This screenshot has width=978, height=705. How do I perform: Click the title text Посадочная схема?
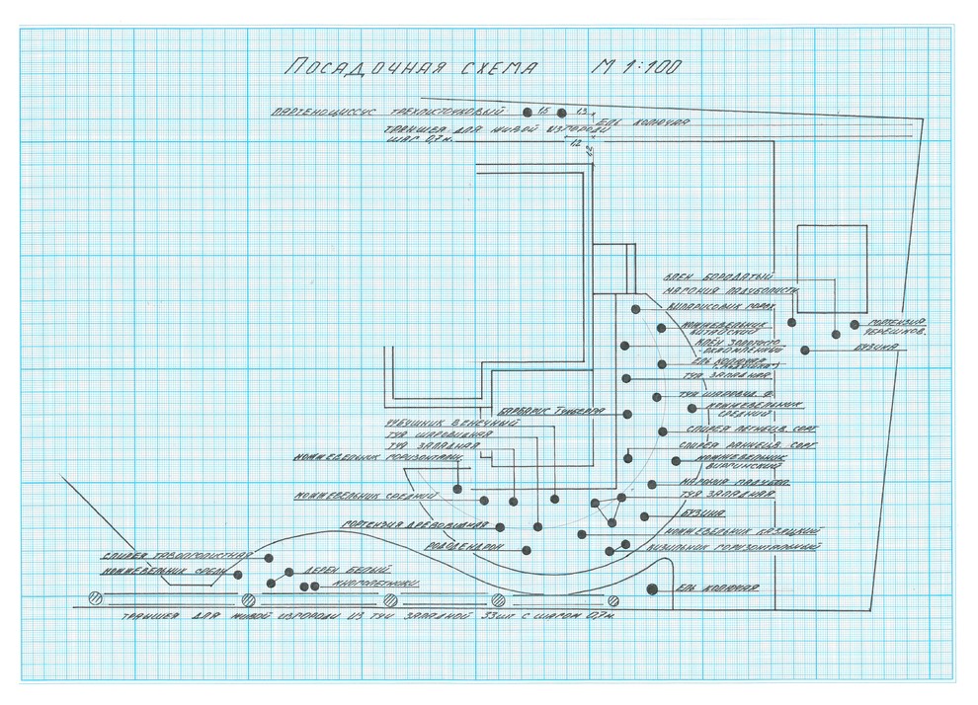pyautogui.click(x=410, y=68)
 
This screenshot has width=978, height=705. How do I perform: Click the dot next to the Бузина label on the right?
pyautogui.click(x=806, y=350)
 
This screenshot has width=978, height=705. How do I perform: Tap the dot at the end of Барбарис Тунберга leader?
pyautogui.click(x=626, y=412)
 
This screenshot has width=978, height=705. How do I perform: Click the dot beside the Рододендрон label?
pyautogui.click(x=527, y=550)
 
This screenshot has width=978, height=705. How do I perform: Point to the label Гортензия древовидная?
pyautogui.click(x=416, y=523)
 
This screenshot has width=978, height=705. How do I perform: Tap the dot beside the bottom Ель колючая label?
pyautogui.click(x=652, y=589)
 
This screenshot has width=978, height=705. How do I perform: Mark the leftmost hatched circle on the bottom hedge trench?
pyautogui.click(x=96, y=598)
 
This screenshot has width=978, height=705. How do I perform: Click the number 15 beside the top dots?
pyautogui.click(x=543, y=112)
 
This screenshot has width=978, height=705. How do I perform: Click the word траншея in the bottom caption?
pyautogui.click(x=146, y=620)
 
